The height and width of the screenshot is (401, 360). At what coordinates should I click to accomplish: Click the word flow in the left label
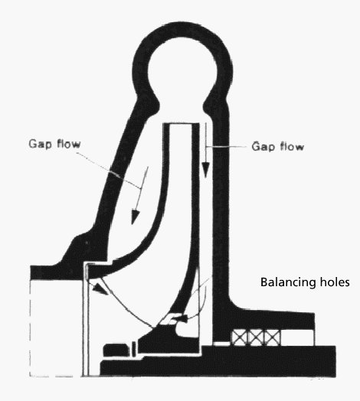point(69,144)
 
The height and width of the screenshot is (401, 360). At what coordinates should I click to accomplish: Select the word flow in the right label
point(292,146)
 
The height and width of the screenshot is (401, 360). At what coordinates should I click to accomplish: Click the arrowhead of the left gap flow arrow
point(135,217)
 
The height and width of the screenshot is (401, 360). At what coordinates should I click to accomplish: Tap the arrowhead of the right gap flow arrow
point(205,170)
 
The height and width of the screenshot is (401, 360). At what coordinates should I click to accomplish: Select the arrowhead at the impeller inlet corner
point(100,289)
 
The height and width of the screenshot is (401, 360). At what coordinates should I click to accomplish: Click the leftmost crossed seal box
point(240,337)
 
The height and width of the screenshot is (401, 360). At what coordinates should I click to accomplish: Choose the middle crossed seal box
point(256,337)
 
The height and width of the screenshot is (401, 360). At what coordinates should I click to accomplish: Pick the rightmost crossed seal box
point(273,337)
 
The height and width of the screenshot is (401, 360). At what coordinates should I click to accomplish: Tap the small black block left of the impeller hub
point(116,350)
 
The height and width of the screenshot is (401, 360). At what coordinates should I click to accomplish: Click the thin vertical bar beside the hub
point(133,349)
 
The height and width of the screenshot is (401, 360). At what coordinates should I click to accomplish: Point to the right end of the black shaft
point(335,361)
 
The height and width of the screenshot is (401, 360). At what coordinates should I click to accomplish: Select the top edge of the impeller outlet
point(182,124)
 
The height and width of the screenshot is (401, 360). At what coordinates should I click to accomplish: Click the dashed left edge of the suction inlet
point(30,328)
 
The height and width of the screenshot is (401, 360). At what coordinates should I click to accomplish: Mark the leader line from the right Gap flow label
point(225,146)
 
